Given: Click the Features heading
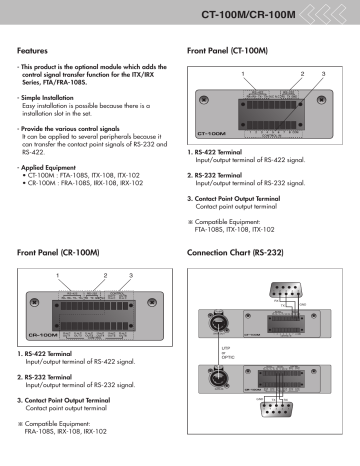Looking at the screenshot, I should pos(38,48).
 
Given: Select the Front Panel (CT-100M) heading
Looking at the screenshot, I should pos(229,48).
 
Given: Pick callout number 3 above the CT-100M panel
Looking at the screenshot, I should pos(323,75).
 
